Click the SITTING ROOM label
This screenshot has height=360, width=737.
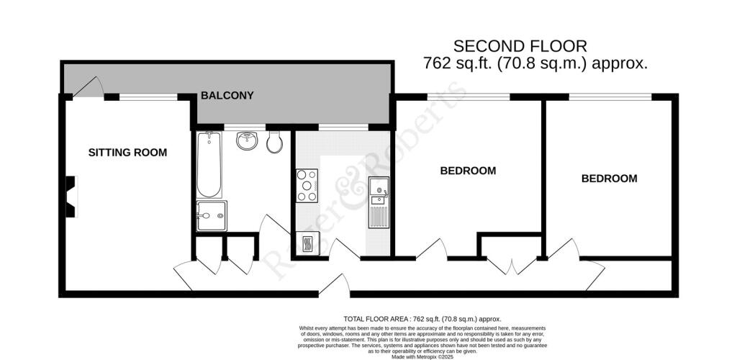tap(127, 153)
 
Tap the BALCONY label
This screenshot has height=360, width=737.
tap(227, 95)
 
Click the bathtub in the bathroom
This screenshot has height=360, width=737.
tap(208, 165)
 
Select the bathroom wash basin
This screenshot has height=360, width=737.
tap(248, 140)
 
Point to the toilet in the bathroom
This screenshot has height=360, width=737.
tap(274, 143)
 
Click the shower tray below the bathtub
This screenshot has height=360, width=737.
tap(211, 215)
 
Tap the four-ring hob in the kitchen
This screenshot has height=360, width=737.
tap(307, 185)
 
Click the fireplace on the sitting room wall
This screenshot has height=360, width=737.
tap(71, 197)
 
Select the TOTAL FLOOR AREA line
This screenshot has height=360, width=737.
tap(422, 318)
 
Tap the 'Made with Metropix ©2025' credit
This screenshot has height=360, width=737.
tap(422, 356)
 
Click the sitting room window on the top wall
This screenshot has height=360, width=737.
tap(148, 96)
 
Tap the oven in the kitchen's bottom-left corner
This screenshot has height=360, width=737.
tap(304, 243)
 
